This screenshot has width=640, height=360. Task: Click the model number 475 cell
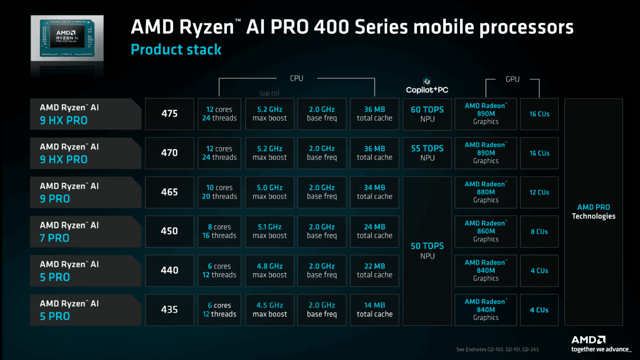(x=169, y=114)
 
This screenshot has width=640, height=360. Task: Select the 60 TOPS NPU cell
(x=427, y=114)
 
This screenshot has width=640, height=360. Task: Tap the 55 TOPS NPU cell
(x=427, y=153)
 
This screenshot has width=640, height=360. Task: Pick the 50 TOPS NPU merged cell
(x=427, y=251)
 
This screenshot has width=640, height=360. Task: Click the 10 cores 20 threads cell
(x=219, y=192)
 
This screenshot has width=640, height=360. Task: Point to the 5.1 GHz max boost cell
(x=270, y=232)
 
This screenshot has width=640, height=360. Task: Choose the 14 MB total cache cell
(x=374, y=310)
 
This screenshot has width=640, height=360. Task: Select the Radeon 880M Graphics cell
(x=486, y=192)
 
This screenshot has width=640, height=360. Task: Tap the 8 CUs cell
(x=539, y=232)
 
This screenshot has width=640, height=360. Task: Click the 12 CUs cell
(x=539, y=192)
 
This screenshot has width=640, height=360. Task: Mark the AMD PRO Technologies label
(x=594, y=212)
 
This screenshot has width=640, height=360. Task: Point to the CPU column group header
(x=296, y=78)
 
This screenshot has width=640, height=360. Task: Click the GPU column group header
(x=512, y=79)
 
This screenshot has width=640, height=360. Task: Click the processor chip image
(x=67, y=38)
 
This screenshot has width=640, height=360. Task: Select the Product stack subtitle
(x=176, y=50)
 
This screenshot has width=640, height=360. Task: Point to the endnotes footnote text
(x=498, y=350)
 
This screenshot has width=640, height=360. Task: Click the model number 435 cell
(x=169, y=310)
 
